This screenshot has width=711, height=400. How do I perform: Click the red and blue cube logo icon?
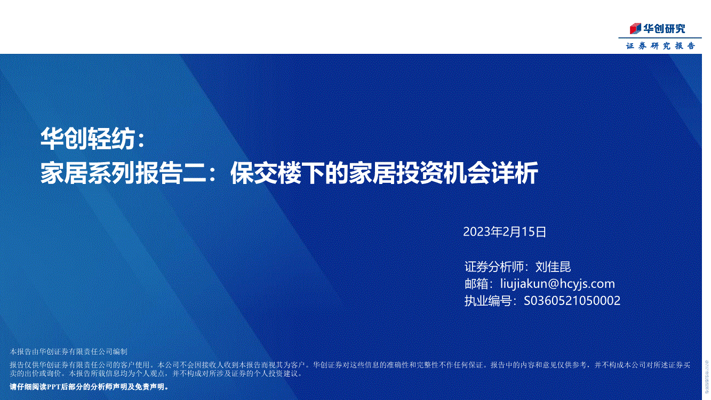(x=636, y=29)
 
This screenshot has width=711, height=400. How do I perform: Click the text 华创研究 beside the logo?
(x=665, y=29)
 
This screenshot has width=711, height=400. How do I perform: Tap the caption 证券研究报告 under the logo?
(x=660, y=46)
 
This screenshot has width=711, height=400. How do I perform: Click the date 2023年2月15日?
(x=505, y=232)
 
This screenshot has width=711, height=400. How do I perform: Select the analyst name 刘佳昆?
(x=553, y=267)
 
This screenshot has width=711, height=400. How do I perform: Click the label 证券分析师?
(x=494, y=267)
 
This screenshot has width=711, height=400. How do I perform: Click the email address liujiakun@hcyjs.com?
(x=558, y=284)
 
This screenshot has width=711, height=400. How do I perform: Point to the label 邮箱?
(x=476, y=284)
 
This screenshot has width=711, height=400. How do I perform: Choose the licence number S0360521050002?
(x=572, y=301)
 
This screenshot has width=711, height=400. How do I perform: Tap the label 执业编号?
(x=488, y=301)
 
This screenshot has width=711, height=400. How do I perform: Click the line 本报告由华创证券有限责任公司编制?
(x=69, y=351)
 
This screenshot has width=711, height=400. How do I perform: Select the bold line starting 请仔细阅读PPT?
(x=89, y=387)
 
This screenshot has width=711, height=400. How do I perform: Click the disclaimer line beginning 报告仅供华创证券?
(x=350, y=365)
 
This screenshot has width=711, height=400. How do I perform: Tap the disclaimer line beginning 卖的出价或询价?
(x=156, y=373)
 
